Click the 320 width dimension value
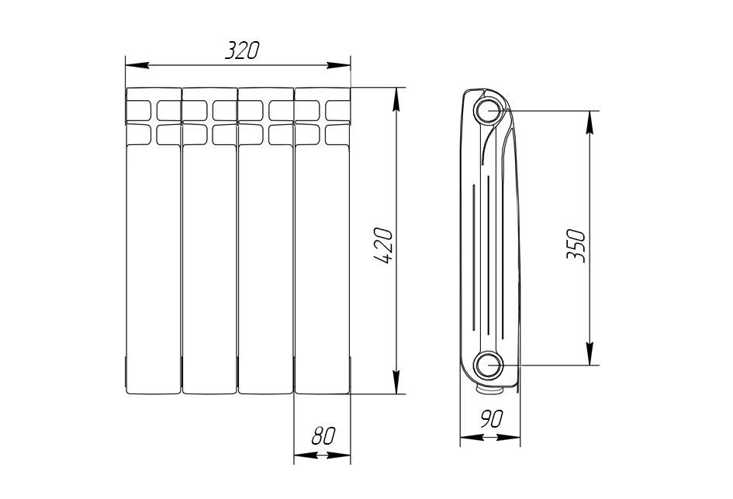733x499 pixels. (x=242, y=50)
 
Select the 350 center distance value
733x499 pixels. (x=576, y=244)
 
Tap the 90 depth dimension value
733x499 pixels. (x=491, y=419)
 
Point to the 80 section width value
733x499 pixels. (x=323, y=436)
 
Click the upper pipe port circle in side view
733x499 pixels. (x=490, y=111)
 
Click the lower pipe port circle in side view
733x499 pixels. (x=490, y=364)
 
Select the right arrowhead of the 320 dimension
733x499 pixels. (x=338, y=65)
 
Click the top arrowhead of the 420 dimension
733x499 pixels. (x=396, y=99)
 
